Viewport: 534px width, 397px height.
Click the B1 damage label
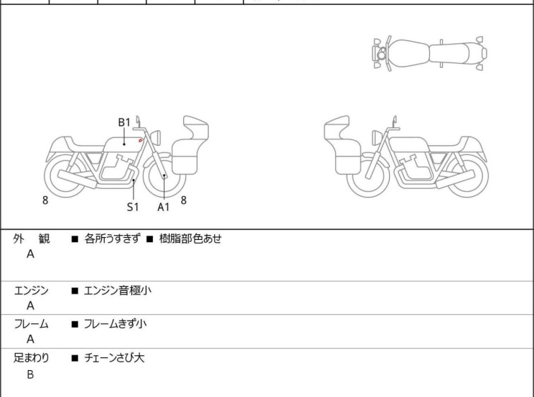tap(124, 122)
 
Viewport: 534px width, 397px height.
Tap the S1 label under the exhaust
tap(133, 207)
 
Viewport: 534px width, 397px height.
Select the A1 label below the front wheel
tap(163, 207)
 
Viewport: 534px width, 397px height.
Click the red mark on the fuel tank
tap(140, 140)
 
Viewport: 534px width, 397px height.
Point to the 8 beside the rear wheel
tap(45, 200)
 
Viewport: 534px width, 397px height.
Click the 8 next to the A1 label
tap(184, 200)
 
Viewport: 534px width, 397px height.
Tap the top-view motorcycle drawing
tap(429, 53)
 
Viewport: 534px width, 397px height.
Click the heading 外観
tap(31, 239)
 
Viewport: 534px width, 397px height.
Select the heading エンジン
tap(31, 291)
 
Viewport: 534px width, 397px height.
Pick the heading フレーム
tap(31, 324)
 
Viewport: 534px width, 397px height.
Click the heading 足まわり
tap(31, 358)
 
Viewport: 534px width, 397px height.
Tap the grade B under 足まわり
tap(30, 374)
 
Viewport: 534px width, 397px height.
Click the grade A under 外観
tap(30, 254)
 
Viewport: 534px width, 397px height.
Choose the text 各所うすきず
tap(112, 238)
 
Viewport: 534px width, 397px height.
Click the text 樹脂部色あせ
tap(190, 238)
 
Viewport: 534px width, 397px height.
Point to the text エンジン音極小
tap(117, 290)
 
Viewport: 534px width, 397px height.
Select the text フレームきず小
tap(115, 323)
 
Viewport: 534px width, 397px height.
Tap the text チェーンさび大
tap(114, 358)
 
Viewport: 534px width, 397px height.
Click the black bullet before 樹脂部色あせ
tap(150, 239)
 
